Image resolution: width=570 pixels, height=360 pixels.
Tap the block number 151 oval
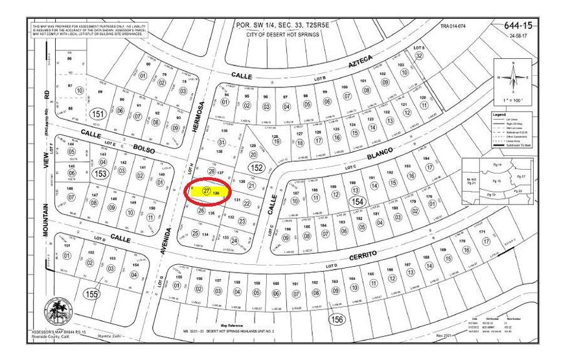[x=97, y=115]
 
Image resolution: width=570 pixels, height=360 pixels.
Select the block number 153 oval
[x=100, y=174]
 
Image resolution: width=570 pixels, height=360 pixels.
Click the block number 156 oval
[x=336, y=319]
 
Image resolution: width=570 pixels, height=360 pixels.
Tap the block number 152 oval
[x=256, y=168]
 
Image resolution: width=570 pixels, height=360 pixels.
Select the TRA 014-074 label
[x=453, y=27]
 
